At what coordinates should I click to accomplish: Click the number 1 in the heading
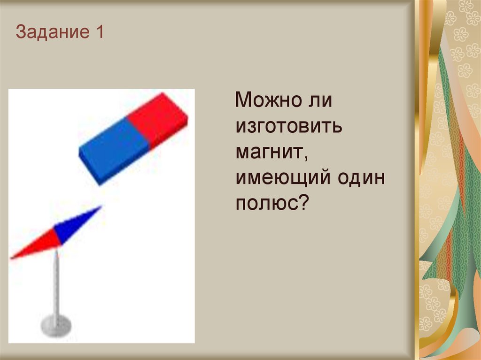click(99, 33)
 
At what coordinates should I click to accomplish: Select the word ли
click(321, 100)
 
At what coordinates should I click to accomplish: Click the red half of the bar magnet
click(158, 118)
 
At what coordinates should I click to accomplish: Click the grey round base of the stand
click(56, 325)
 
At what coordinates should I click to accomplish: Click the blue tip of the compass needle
click(98, 208)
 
